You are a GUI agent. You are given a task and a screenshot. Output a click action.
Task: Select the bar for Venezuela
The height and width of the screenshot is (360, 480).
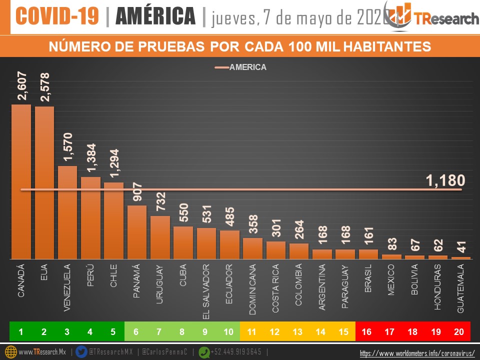67,212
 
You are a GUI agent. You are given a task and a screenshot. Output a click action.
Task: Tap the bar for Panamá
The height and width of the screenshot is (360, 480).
137,232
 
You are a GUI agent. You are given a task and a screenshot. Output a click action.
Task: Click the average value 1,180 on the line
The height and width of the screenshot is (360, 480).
445,180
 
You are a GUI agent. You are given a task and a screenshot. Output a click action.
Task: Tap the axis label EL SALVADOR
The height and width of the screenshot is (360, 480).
206,292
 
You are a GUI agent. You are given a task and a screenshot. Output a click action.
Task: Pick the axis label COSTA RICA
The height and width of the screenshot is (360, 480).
276,288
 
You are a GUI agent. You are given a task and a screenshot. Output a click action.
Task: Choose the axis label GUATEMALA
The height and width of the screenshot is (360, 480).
461,289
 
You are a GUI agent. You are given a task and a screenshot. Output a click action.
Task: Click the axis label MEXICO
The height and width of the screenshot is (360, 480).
391,280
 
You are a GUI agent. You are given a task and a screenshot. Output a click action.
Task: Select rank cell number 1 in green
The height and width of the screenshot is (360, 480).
21,331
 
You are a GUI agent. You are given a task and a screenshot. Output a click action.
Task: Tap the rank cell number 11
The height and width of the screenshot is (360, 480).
251,331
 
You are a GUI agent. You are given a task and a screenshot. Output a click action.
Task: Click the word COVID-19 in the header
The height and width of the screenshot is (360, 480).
57,16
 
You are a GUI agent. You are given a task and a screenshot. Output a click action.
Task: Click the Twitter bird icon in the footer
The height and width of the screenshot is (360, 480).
81,352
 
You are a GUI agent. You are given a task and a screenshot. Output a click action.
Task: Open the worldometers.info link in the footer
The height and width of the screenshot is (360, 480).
417,353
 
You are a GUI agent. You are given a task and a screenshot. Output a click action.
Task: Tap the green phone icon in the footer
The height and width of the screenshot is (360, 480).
204,352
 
